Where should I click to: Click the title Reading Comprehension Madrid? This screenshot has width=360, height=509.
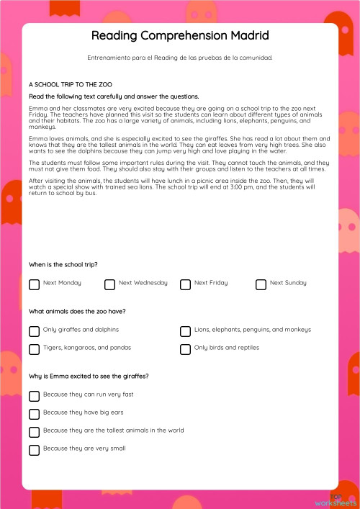click(180, 35)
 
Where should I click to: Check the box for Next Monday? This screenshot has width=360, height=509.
click(34, 284)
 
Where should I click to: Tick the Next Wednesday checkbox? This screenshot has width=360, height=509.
click(109, 284)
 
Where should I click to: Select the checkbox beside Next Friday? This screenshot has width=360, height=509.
click(185, 284)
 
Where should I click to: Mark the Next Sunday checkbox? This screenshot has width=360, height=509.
click(261, 284)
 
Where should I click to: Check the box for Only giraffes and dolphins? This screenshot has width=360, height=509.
click(34, 331)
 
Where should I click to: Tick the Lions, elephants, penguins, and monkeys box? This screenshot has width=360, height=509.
click(185, 331)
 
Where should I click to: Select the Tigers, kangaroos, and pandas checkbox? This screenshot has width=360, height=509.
click(34, 349)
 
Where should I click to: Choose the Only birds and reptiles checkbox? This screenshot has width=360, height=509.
click(185, 349)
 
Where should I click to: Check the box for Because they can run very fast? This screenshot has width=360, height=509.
click(34, 396)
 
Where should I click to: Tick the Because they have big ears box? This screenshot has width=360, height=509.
click(34, 414)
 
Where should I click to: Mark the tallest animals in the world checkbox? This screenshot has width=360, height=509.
click(34, 432)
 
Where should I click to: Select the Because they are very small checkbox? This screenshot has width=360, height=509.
click(34, 450)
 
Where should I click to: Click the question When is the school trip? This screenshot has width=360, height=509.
click(63, 264)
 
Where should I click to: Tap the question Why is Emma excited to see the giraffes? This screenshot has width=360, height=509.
click(88, 376)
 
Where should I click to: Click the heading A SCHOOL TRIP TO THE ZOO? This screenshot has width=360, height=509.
click(71, 84)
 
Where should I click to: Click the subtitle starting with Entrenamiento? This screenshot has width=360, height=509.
click(180, 57)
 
